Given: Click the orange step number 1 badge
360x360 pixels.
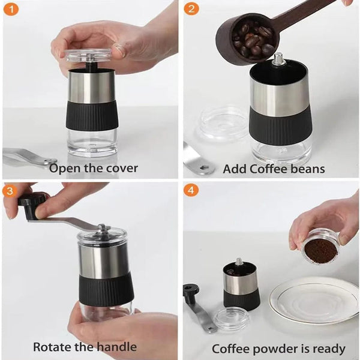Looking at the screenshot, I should coord(12,10).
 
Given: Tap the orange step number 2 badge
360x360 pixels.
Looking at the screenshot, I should coord(191,10).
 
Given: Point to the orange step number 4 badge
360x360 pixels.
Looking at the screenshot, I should coord(191,191).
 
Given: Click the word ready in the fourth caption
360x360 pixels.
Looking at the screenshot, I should coord(326,348).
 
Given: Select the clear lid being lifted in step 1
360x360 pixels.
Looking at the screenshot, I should coord(89,56).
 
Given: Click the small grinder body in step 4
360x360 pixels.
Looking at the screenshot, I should coord(241,285).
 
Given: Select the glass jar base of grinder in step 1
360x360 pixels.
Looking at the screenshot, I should coord(92,142).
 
